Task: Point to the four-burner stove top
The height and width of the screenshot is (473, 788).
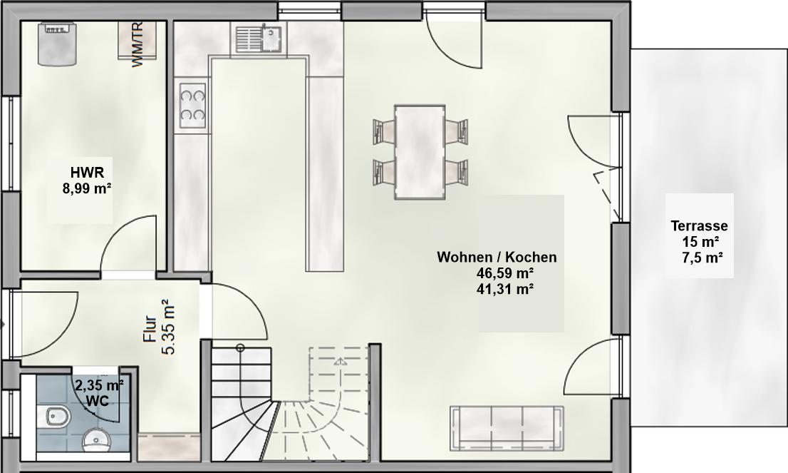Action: click(x=192, y=105)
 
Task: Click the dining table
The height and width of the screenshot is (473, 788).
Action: click(x=420, y=152)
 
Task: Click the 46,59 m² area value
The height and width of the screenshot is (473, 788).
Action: click(x=506, y=273)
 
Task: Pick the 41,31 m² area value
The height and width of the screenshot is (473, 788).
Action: click(x=506, y=289)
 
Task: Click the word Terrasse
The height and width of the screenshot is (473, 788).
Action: click(x=699, y=226)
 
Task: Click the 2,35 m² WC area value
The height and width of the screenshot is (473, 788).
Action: click(x=99, y=385)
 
